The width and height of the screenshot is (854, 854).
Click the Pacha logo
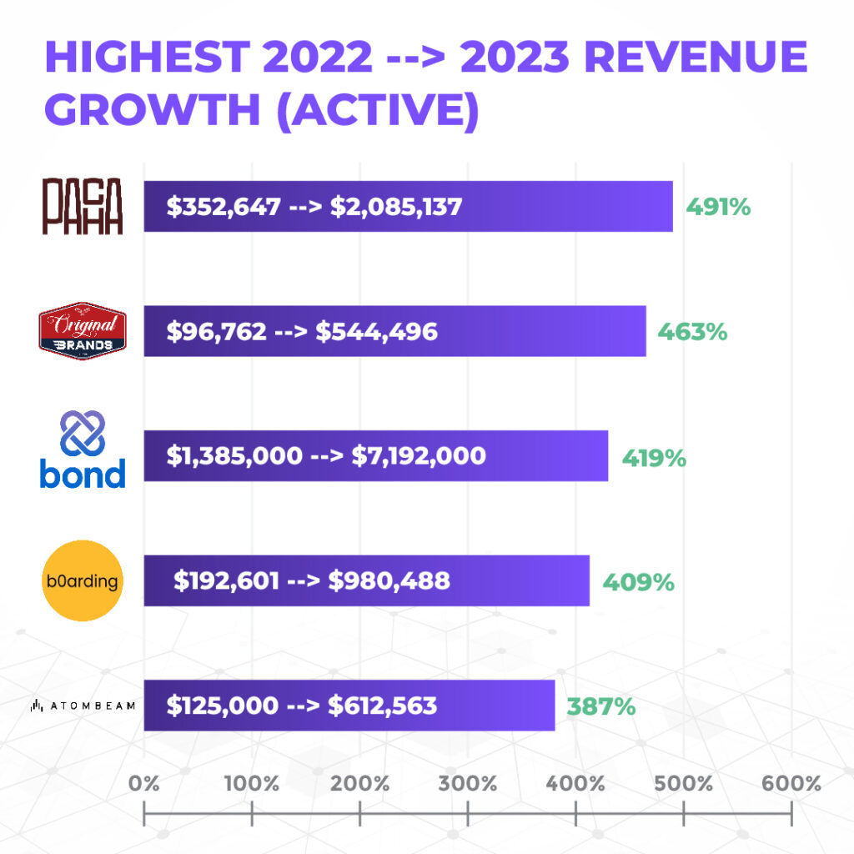(x=83, y=206)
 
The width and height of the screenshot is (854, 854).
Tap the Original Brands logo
(x=83, y=331)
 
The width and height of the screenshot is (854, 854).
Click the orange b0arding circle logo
(x=83, y=580)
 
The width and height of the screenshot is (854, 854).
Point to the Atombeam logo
(x=83, y=706)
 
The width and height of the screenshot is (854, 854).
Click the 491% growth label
(x=718, y=206)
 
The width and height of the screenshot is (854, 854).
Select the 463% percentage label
(x=692, y=331)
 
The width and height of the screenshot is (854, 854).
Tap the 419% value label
(x=654, y=457)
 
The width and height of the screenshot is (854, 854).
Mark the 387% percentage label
(x=601, y=706)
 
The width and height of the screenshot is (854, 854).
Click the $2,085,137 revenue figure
(x=396, y=206)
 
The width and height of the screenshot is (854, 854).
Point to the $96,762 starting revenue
(x=217, y=331)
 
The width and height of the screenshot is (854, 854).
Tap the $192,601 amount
(x=226, y=580)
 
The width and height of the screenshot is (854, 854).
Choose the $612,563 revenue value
(x=382, y=706)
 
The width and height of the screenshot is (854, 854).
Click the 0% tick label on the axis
(x=144, y=784)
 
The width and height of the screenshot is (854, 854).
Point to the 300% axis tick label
(x=467, y=784)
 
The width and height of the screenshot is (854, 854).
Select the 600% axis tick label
(x=791, y=784)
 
